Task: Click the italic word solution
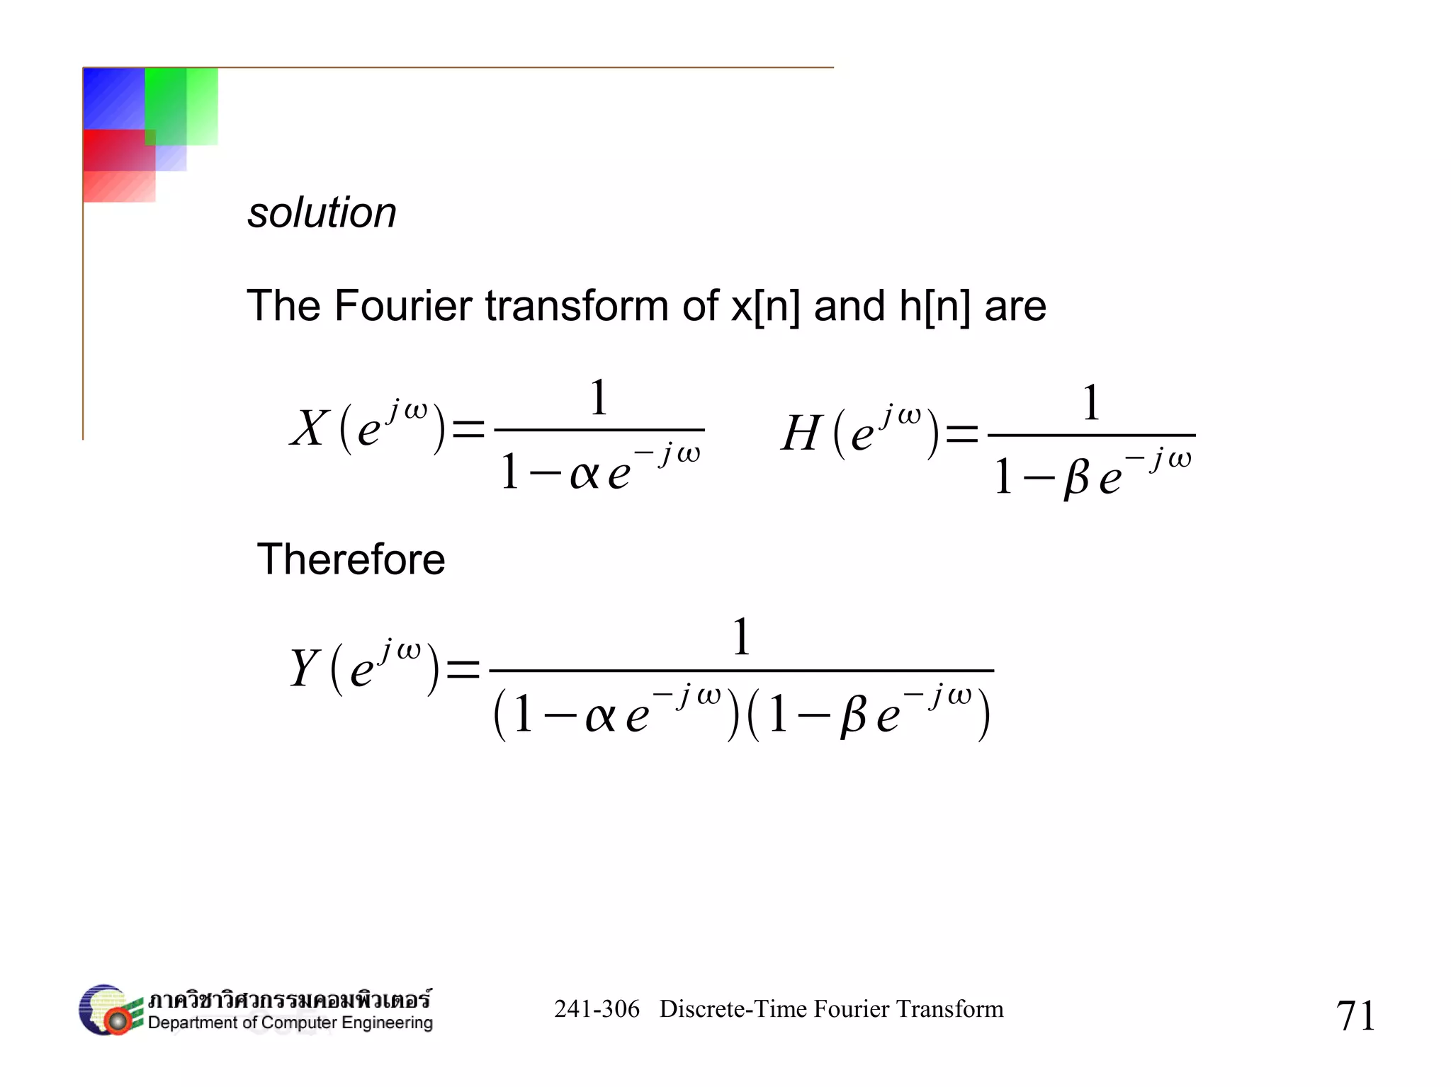[322, 212]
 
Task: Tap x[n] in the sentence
[765, 306]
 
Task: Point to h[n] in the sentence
[935, 306]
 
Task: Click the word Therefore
[351, 559]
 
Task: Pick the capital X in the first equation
[310, 428]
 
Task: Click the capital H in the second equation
[801, 433]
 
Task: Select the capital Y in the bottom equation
[305, 668]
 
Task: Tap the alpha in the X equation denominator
[585, 473]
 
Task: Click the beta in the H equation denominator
[1076, 477]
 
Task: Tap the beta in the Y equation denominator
[853, 715]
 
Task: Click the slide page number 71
[1355, 1015]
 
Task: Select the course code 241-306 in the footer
[597, 1008]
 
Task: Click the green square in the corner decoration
[181, 106]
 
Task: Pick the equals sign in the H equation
[961, 433]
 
